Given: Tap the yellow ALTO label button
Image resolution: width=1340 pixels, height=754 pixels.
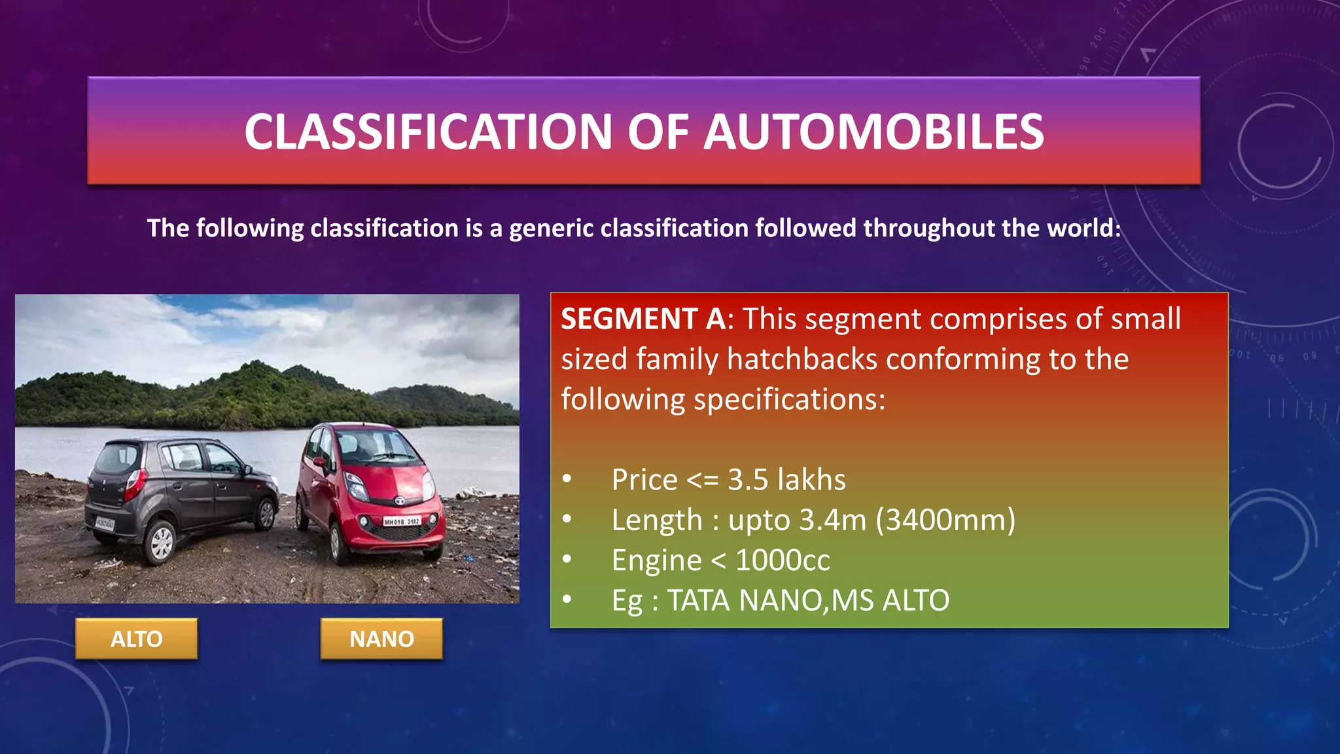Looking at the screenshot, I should tap(136, 639).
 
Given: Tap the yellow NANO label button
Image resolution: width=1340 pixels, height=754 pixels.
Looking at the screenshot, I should tap(381, 639).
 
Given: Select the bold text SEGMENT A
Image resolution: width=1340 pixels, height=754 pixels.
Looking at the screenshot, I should tap(643, 319).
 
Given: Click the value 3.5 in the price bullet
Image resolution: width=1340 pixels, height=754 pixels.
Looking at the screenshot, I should tap(747, 480).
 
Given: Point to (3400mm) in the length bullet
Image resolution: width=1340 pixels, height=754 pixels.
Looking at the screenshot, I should tap(945, 520).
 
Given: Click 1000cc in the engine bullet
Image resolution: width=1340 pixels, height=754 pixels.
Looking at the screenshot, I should tap(783, 561).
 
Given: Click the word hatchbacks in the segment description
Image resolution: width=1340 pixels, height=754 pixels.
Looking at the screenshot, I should tap(802, 359).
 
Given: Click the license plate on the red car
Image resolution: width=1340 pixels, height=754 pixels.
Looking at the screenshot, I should tap(402, 522).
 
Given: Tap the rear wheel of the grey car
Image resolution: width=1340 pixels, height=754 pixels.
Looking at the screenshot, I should tap(160, 543).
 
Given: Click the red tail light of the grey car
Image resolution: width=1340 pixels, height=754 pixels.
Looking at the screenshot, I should tap(134, 485).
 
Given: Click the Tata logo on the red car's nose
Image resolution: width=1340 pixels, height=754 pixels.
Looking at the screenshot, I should tap(398, 501).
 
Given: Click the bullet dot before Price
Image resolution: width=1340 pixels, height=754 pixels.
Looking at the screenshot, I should tap(567, 480).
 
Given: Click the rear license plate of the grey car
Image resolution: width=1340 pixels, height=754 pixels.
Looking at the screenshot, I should tap(105, 524).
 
